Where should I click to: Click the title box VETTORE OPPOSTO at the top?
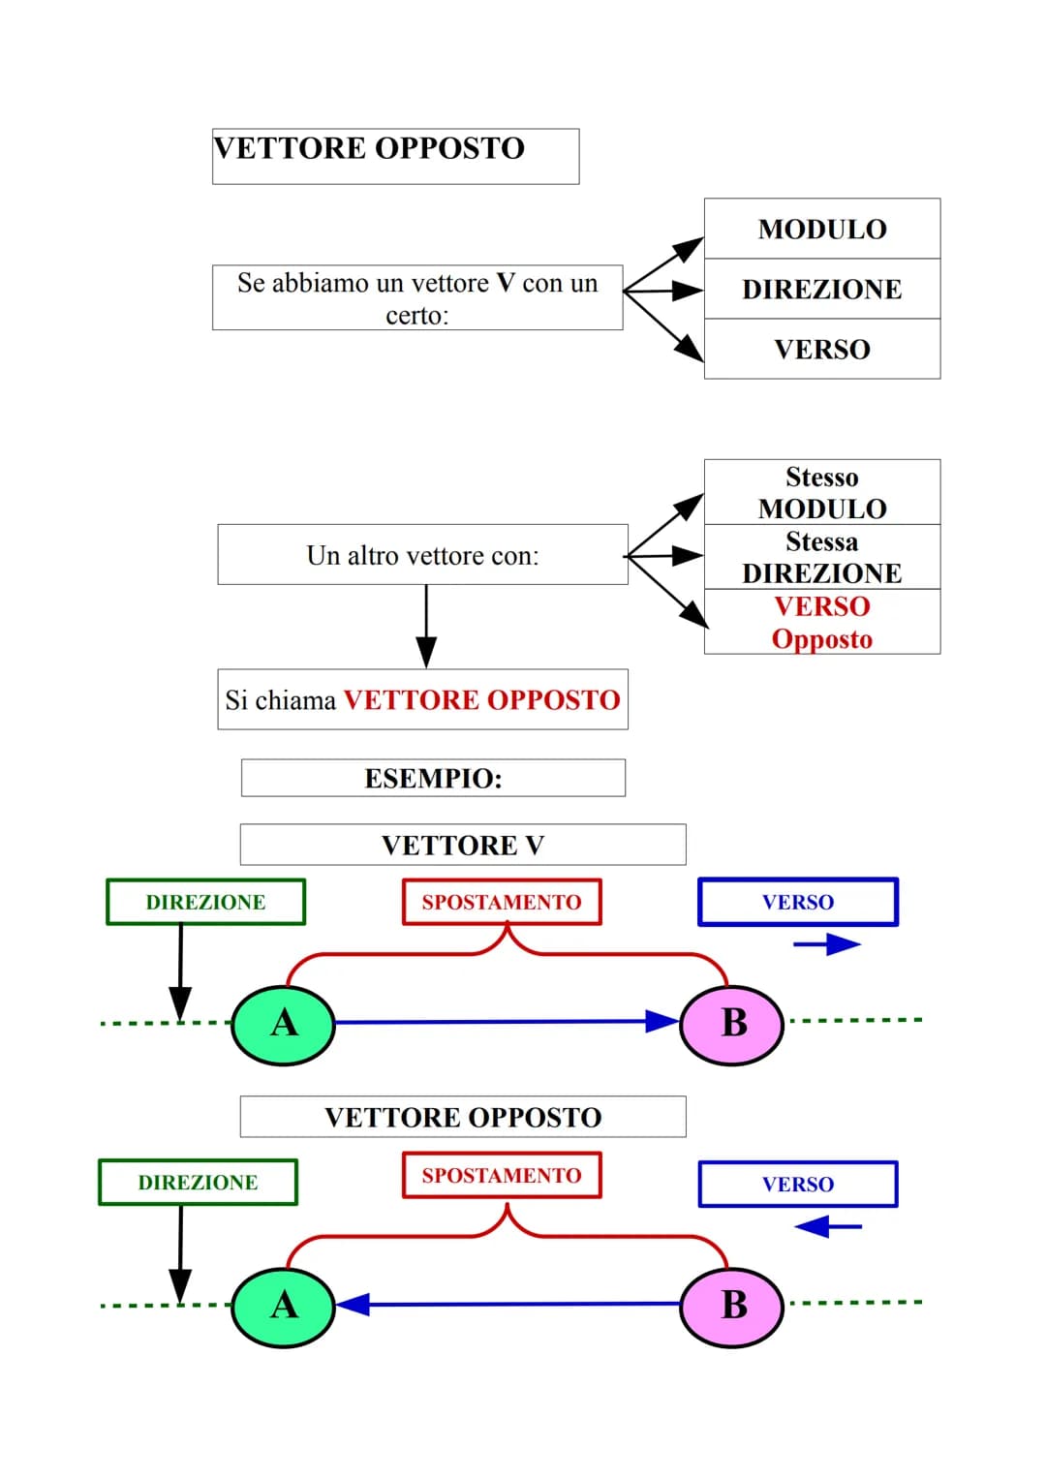point(395,156)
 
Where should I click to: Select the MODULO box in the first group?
point(821,230)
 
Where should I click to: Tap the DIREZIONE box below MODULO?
point(821,289)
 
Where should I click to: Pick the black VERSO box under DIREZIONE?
point(821,349)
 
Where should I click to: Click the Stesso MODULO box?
point(821,492)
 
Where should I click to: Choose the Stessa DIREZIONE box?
point(821,557)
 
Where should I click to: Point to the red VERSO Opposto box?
point(821,622)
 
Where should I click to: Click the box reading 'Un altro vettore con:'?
point(422,555)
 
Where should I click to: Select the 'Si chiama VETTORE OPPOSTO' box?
point(422,699)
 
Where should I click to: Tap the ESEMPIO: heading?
point(433,778)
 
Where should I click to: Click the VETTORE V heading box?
point(463,845)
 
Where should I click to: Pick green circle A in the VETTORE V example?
point(284,1023)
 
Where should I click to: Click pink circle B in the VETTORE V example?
point(733,1023)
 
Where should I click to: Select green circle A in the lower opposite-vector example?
point(284,1305)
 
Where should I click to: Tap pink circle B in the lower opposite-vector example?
point(733,1305)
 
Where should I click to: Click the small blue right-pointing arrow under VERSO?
point(827,944)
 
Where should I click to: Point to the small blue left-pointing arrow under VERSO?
point(827,1227)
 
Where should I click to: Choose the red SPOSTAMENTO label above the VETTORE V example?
point(502,902)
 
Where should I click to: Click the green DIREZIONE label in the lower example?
point(198,1182)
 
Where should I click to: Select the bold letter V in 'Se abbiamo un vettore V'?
point(505,283)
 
